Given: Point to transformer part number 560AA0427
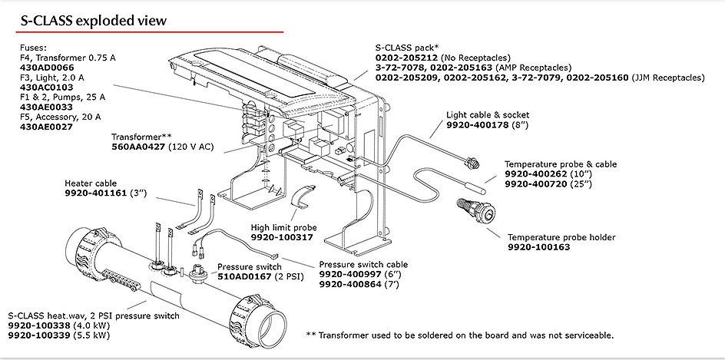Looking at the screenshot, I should [144, 147].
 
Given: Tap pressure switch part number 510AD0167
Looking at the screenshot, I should [244, 276].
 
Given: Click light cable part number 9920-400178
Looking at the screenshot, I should [476, 124].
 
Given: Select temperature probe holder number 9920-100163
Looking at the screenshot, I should [538, 248].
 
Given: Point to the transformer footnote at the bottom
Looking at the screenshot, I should [459, 335].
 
